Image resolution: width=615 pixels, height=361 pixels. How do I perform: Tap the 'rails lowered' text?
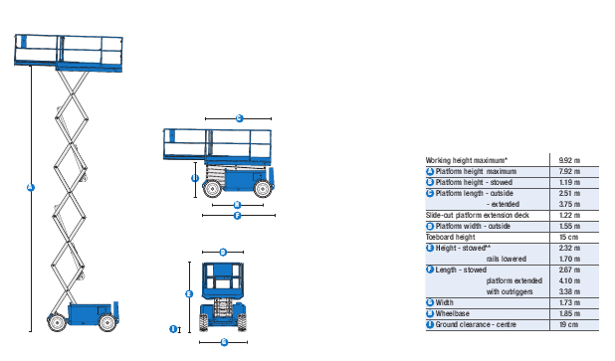click(507, 259)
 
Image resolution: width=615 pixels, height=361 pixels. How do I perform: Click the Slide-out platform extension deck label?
click(478, 215)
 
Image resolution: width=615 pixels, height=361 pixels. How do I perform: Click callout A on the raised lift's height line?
click(30, 189)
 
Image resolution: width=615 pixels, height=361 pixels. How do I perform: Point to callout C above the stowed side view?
click(240, 118)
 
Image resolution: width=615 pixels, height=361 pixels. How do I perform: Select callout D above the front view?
click(223, 252)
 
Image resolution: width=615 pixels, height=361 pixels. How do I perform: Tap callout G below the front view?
click(223, 341)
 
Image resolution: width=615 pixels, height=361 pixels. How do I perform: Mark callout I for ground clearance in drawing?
click(172, 327)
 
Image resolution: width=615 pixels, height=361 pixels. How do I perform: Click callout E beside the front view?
click(189, 293)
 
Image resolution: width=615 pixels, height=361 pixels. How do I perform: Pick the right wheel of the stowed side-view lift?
click(261, 189)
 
